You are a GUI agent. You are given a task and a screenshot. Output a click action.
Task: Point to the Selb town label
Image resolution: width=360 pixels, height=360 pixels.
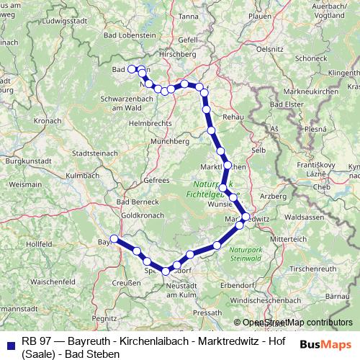point(258,150)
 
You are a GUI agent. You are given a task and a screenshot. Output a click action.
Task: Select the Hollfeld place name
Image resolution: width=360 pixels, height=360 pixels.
point(38,245)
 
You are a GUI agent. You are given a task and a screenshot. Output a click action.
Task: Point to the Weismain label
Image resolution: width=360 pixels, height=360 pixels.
point(24,184)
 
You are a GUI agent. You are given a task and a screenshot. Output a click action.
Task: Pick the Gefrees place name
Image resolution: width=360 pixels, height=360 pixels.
point(156,180)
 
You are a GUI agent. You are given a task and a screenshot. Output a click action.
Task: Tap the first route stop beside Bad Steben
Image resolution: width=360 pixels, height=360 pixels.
point(132,70)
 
